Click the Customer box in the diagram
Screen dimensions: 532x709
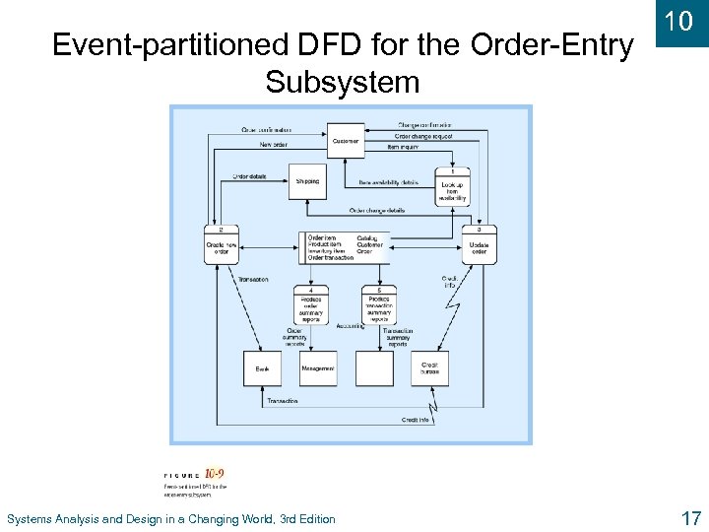pos(345,141)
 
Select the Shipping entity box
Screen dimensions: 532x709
pos(308,181)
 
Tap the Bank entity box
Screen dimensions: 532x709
pos(262,367)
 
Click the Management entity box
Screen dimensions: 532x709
pos(318,367)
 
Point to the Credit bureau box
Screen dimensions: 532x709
pos(429,367)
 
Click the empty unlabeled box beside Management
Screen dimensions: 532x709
pos(374,367)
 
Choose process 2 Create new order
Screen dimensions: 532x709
pos(222,245)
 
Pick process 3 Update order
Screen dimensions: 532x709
pos(479,245)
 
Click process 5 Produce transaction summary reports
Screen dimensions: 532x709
pos(378,305)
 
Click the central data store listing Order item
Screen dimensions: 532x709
pos(344,247)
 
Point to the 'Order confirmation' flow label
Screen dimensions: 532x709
pos(266,130)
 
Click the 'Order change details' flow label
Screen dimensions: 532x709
pos(377,210)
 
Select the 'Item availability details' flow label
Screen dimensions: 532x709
pos(388,182)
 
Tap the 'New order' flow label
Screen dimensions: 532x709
pos(274,145)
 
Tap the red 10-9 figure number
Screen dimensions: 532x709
pos(215,474)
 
